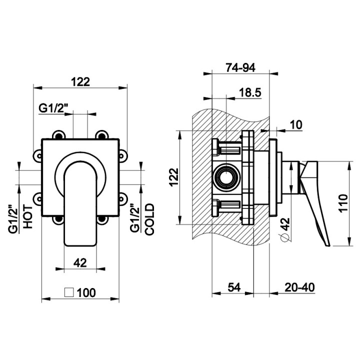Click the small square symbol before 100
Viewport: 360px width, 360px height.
[x=70, y=292]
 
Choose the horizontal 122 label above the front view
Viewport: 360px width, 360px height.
[x=80, y=82]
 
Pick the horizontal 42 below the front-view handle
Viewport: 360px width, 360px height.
[x=80, y=261]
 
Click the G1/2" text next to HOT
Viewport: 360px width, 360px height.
[x=13, y=217]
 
